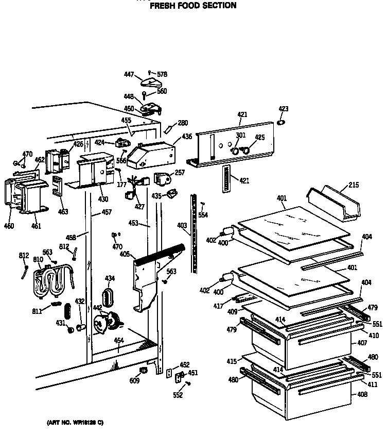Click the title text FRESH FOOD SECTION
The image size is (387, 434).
point(193,6)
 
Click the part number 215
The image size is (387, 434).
point(354,185)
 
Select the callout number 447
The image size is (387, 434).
point(129,75)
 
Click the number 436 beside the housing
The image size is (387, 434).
point(187,137)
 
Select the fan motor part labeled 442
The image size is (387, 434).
point(108,322)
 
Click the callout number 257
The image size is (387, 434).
point(180,173)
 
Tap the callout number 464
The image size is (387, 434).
point(119,340)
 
